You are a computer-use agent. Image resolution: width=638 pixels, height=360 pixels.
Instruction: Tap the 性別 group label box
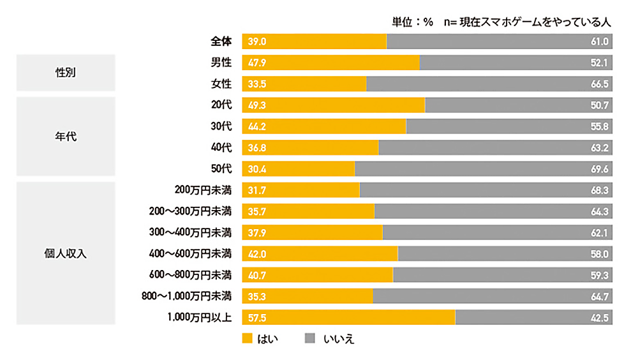tap(66, 73)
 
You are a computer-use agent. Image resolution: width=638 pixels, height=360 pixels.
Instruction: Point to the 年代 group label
tap(66, 136)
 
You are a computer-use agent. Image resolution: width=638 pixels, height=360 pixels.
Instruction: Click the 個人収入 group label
tap(66, 253)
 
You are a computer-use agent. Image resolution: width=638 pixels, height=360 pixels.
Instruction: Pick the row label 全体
tap(221, 41)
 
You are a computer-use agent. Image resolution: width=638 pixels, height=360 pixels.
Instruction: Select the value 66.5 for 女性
tap(600, 84)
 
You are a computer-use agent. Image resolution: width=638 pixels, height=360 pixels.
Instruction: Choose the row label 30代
tap(221, 126)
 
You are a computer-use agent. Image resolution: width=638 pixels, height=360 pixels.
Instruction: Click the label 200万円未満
tap(202, 190)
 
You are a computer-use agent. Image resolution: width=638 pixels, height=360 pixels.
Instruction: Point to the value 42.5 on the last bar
tap(600, 317)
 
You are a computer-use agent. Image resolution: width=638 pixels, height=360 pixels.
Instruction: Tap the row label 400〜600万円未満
tap(190, 253)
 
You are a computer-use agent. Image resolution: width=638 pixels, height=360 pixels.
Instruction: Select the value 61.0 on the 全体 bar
tap(600, 41)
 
